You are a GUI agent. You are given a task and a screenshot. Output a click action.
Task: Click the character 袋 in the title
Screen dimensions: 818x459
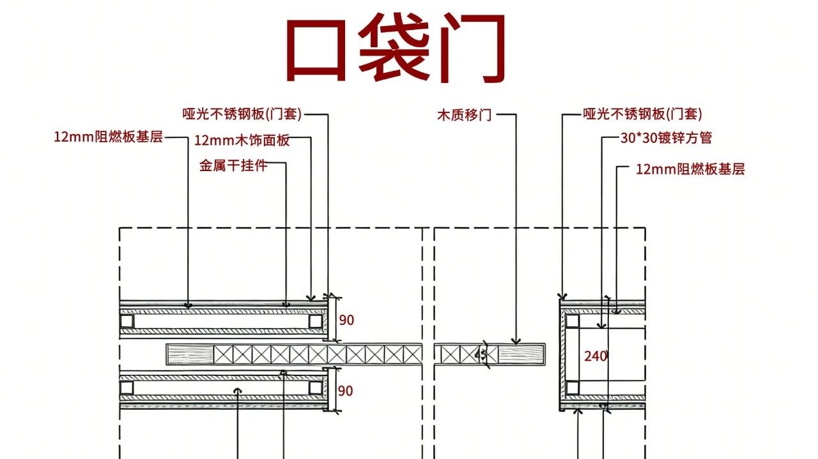[x=394, y=47]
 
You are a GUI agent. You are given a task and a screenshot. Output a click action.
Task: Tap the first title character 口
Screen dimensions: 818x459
[x=316, y=50]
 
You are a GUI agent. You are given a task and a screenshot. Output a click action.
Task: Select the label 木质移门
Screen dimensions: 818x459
[x=464, y=115]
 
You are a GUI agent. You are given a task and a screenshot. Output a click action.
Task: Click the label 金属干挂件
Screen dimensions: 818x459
[x=233, y=165]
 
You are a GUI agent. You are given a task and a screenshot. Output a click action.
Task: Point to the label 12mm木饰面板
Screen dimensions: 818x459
[x=242, y=140]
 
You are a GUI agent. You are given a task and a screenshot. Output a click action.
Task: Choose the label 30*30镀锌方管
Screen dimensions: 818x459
[x=666, y=137]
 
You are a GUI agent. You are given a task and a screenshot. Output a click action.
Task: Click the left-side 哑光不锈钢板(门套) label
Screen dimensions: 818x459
[x=242, y=114]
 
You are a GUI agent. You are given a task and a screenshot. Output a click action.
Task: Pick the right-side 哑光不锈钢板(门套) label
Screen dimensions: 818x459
[x=642, y=114]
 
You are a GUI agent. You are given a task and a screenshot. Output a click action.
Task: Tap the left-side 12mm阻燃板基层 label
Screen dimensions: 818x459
[x=108, y=137]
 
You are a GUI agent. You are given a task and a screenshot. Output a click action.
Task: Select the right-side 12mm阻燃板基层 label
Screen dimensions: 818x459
[x=690, y=169]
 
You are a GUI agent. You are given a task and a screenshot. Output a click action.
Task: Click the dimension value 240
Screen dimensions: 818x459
[x=595, y=356]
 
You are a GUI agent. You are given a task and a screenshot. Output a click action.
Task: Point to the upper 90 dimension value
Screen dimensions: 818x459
[x=346, y=320]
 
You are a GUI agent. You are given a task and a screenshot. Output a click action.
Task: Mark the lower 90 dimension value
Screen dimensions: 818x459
[x=346, y=391]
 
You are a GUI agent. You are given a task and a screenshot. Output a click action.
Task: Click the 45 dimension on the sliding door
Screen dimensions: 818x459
[x=481, y=355]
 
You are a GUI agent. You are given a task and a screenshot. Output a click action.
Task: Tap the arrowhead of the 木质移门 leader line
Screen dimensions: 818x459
[x=516, y=342]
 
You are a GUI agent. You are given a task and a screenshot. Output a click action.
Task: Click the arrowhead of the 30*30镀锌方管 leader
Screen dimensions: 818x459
[x=601, y=326]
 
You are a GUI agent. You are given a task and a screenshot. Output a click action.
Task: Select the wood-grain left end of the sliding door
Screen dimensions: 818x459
[x=190, y=354]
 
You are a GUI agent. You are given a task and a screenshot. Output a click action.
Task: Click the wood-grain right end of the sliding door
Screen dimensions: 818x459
[x=521, y=354]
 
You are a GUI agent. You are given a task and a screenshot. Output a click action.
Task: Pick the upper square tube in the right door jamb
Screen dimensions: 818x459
[x=572, y=321]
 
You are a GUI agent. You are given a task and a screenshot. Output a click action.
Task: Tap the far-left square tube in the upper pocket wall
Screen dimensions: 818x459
[x=127, y=322]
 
